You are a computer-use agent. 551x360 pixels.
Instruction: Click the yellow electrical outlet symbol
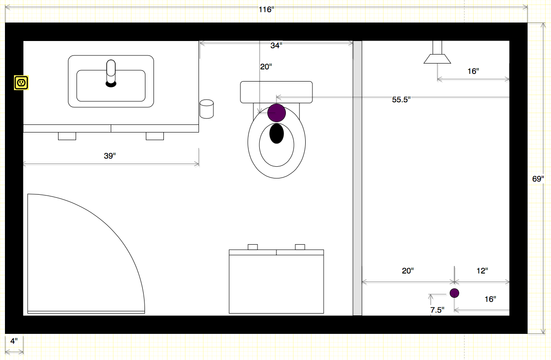21,83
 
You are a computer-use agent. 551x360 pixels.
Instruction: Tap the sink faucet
111,73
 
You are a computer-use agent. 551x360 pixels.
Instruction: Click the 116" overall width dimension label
266,9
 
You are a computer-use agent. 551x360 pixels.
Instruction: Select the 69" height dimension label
538,179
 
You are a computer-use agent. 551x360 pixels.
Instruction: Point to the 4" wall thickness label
14,341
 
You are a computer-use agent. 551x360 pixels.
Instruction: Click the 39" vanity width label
110,156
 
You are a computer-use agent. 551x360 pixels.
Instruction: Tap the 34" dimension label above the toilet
276,46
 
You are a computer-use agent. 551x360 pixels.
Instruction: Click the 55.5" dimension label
401,100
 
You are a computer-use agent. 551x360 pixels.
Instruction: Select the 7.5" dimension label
438,310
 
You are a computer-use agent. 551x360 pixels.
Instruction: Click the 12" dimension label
482,271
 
